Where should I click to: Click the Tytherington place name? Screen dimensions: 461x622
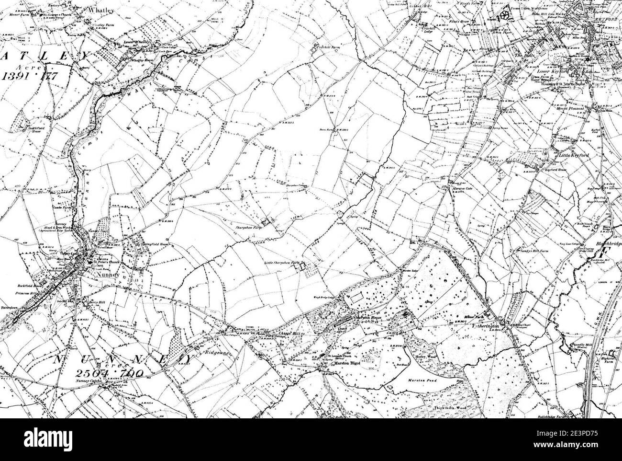503,325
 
